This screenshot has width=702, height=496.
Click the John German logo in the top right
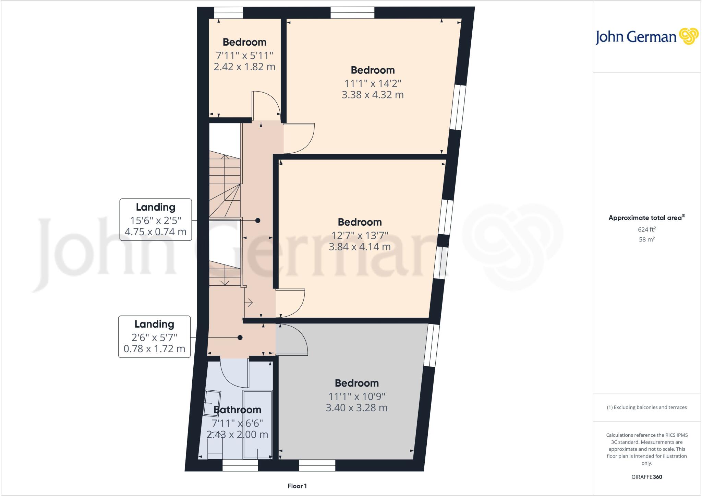coord(646,37)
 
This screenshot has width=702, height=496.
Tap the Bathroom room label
coord(237,410)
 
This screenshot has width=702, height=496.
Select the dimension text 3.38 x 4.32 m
coord(373,95)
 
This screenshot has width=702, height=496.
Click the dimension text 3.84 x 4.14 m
coord(360,247)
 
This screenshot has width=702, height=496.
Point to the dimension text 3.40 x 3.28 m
coord(356,408)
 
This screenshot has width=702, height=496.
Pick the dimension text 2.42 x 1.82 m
coord(244,67)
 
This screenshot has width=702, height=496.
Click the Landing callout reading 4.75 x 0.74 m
coord(155,220)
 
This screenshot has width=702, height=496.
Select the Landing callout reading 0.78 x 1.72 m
coord(154,336)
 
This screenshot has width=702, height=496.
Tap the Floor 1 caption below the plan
coord(297,486)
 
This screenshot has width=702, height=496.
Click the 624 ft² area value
coord(646,229)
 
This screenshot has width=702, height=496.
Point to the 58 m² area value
coord(646,239)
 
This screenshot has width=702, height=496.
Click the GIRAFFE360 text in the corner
coord(646,477)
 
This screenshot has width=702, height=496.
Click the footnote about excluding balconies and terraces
coord(646,408)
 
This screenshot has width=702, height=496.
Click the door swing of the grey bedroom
coord(292,340)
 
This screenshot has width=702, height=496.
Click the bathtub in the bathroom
coord(257,425)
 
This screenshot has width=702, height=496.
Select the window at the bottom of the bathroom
coord(240,465)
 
